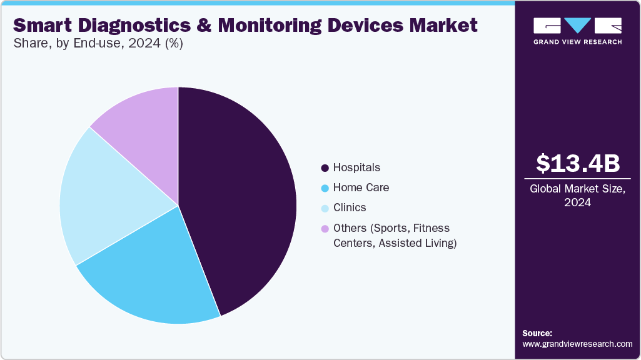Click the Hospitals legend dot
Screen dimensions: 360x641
point(325,168)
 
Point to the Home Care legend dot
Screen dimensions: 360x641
point(325,188)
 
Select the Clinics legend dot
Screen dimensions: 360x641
point(325,208)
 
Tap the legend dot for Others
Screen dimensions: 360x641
point(325,229)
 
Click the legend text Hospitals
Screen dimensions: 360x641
point(356,167)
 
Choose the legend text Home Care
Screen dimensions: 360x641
point(361,187)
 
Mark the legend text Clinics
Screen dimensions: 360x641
point(350,207)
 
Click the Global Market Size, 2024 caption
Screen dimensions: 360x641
point(578,196)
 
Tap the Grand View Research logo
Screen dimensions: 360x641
point(578,31)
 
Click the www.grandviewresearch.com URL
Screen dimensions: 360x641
point(577,344)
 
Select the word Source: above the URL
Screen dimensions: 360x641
point(537,333)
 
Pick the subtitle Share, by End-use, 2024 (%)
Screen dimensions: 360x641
point(98,44)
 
